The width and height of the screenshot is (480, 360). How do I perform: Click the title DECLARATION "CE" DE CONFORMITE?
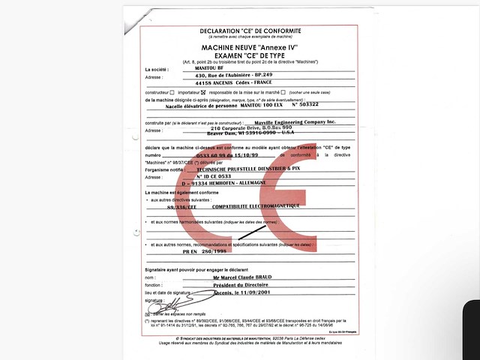coord(250,31)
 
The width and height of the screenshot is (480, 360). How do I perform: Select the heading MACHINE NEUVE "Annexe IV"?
coord(250,47)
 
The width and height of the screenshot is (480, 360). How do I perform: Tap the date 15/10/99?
coord(249,155)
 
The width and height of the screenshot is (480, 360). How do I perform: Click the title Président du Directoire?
coord(239,285)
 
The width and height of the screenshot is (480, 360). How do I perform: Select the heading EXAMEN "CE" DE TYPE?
coord(250,55)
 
